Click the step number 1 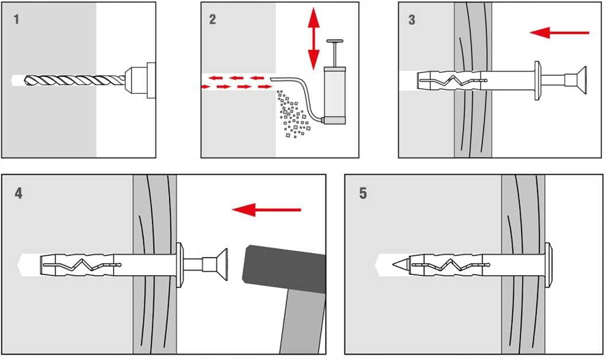click(16, 20)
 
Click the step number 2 click(213, 20)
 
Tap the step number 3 click(412, 20)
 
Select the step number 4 click(19, 193)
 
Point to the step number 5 click(363, 193)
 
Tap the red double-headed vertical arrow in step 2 click(313, 39)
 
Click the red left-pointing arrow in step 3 click(559, 33)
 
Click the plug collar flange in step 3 click(538, 79)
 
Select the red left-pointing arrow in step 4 click(266, 210)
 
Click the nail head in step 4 click(221, 265)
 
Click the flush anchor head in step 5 click(549, 265)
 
